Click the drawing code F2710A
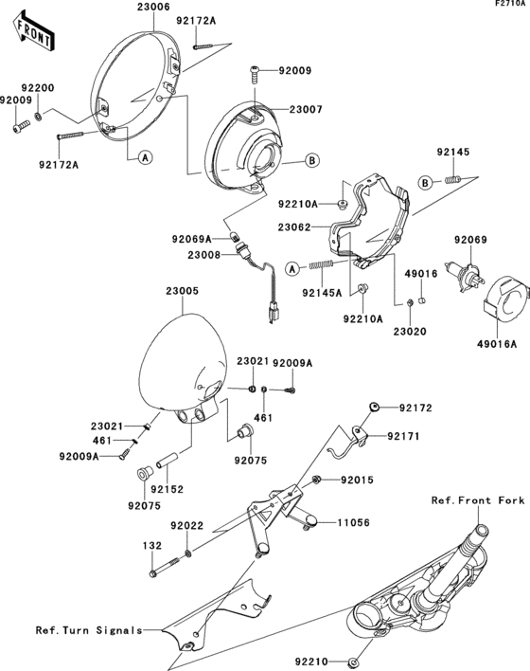506,5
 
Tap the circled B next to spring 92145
426,181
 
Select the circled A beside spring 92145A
292,268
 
